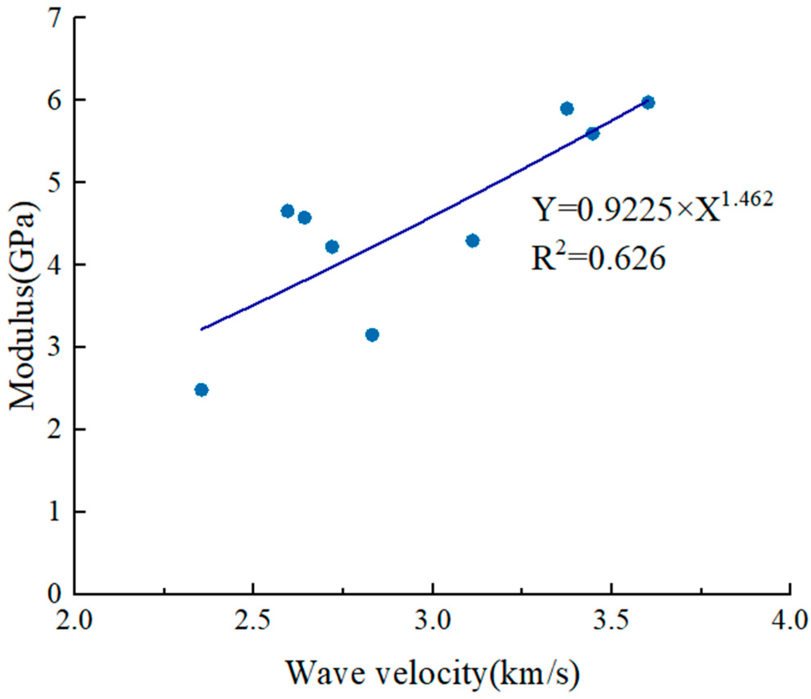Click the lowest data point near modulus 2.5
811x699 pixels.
pyautogui.click(x=201, y=389)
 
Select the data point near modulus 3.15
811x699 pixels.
pyautogui.click(x=372, y=335)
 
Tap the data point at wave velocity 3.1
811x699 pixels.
pyautogui.click(x=473, y=240)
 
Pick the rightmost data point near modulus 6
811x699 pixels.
pyautogui.click(x=648, y=102)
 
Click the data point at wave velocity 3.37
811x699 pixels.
pyautogui.click(x=567, y=109)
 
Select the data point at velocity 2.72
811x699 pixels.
pyautogui.click(x=332, y=247)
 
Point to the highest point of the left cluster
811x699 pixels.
pyautogui.click(x=288, y=211)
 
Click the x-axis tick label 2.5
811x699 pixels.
pyautogui.click(x=253, y=621)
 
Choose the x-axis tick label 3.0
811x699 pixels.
pyautogui.click(x=432, y=621)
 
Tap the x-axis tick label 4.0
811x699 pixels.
pyautogui.click(x=790, y=621)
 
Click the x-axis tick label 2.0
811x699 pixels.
pyautogui.click(x=74, y=621)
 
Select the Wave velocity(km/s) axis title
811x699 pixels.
pyautogui.click(x=432, y=673)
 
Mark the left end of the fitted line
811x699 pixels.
pyautogui.click(x=201, y=329)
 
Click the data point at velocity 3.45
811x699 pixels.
pyautogui.click(x=593, y=133)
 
